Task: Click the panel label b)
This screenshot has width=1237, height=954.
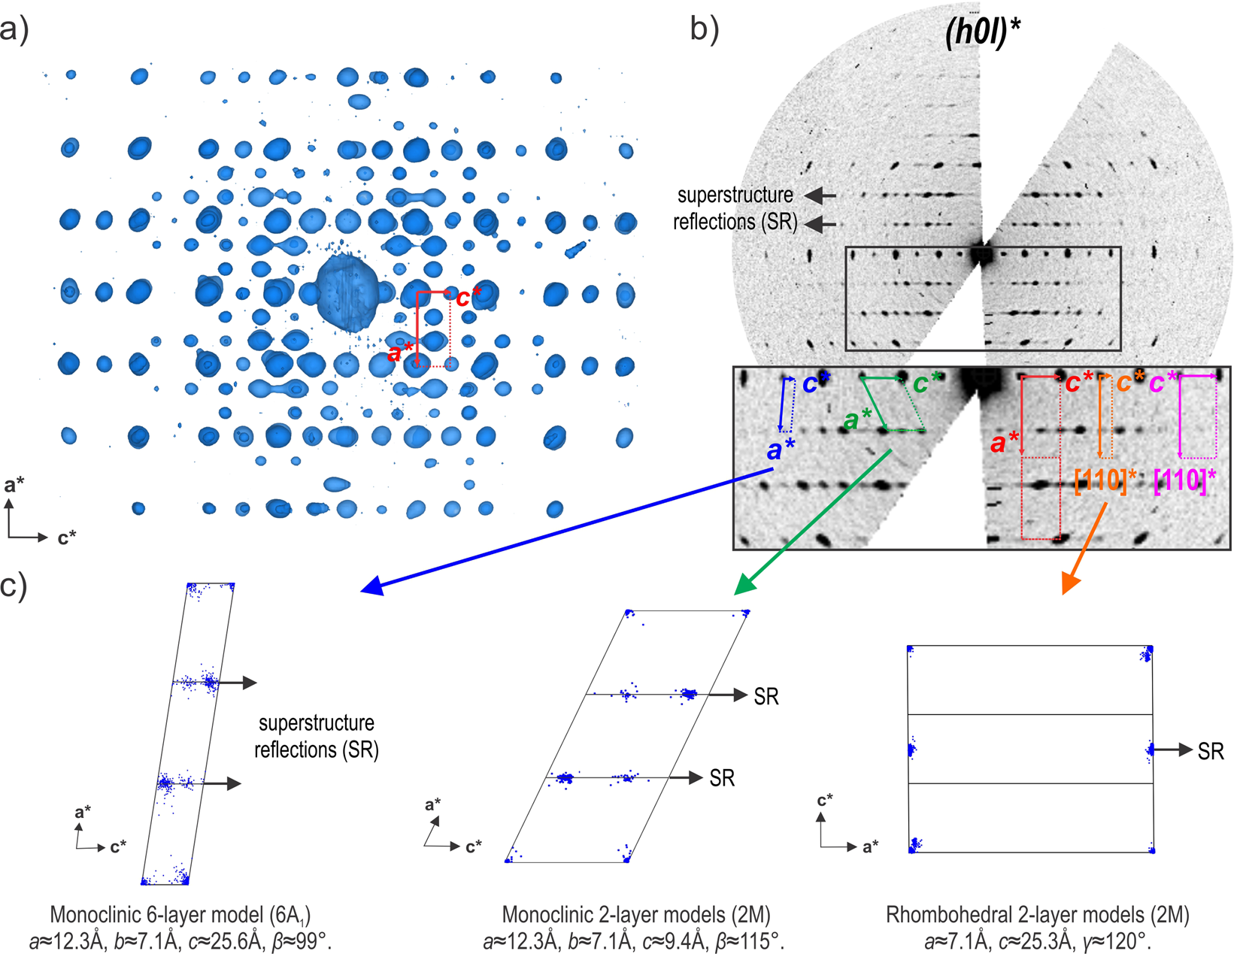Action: pyautogui.click(x=705, y=29)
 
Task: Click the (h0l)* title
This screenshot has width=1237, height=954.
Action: pyautogui.click(x=982, y=35)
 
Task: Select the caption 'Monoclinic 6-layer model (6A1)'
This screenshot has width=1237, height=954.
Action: pyautogui.click(x=180, y=914)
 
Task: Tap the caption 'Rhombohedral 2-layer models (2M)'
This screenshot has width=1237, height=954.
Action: pyautogui.click(x=1037, y=914)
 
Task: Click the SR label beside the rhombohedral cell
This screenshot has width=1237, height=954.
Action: pyautogui.click(x=1211, y=751)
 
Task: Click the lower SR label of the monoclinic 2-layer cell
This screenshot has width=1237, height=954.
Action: pyautogui.click(x=722, y=778)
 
